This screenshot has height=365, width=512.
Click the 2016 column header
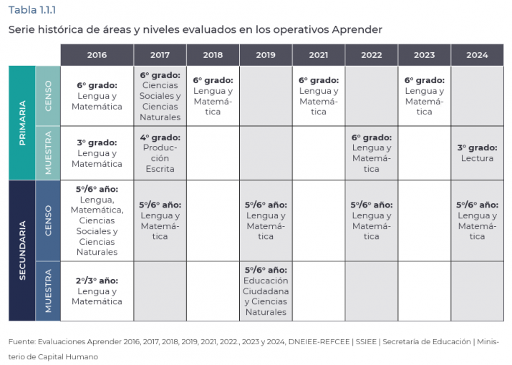click(97, 55)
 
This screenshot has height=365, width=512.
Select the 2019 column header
click(266, 55)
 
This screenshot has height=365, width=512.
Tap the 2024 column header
click(477, 55)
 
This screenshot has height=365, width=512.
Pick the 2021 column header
click(319, 55)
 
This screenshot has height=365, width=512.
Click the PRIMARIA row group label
click(22, 122)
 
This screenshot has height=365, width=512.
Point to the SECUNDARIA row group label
click(22, 250)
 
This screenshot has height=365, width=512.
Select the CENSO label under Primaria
click(48, 96)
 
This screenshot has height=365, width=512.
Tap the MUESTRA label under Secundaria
click(48, 291)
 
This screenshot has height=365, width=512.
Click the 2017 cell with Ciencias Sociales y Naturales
click(160, 96)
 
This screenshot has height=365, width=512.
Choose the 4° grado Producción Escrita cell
click(160, 153)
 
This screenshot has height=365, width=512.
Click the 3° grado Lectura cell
click(477, 153)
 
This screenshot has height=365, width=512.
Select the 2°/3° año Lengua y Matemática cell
click(97, 291)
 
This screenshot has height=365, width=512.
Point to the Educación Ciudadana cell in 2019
click(266, 291)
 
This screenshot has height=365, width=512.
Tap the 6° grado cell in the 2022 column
click(371, 153)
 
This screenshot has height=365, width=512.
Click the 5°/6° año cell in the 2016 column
click(97, 220)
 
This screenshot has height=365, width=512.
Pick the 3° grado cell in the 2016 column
click(97, 153)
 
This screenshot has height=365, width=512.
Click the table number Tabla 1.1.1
click(32, 9)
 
